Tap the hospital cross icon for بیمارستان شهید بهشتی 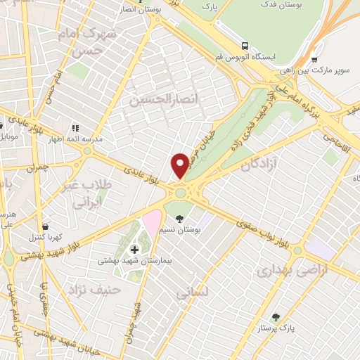tap(134, 248)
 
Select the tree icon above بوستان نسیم tap(179, 218)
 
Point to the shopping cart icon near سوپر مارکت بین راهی tap(314, 60)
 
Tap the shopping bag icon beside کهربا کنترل tap(46, 226)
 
